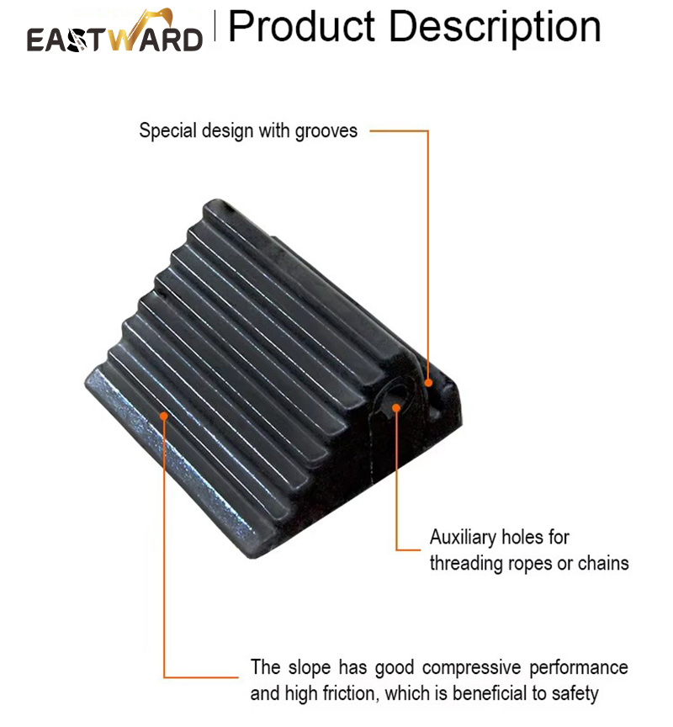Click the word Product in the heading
pyautogui.click(x=302, y=26)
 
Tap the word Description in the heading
pyautogui.click(x=495, y=28)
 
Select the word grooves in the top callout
pyautogui.click(x=326, y=131)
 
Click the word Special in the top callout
pyautogui.click(x=167, y=130)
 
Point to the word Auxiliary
pyautogui.click(x=463, y=538)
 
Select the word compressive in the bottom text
pyautogui.click(x=471, y=668)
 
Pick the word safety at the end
pyautogui.click(x=575, y=694)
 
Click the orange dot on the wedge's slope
pyautogui.click(x=163, y=416)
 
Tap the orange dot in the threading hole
pyautogui.click(x=396, y=407)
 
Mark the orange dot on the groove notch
pyautogui.click(x=429, y=383)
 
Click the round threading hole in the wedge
pyautogui.click(x=392, y=398)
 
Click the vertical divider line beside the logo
pyautogui.click(x=215, y=26)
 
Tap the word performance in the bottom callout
pyautogui.click(x=579, y=668)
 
